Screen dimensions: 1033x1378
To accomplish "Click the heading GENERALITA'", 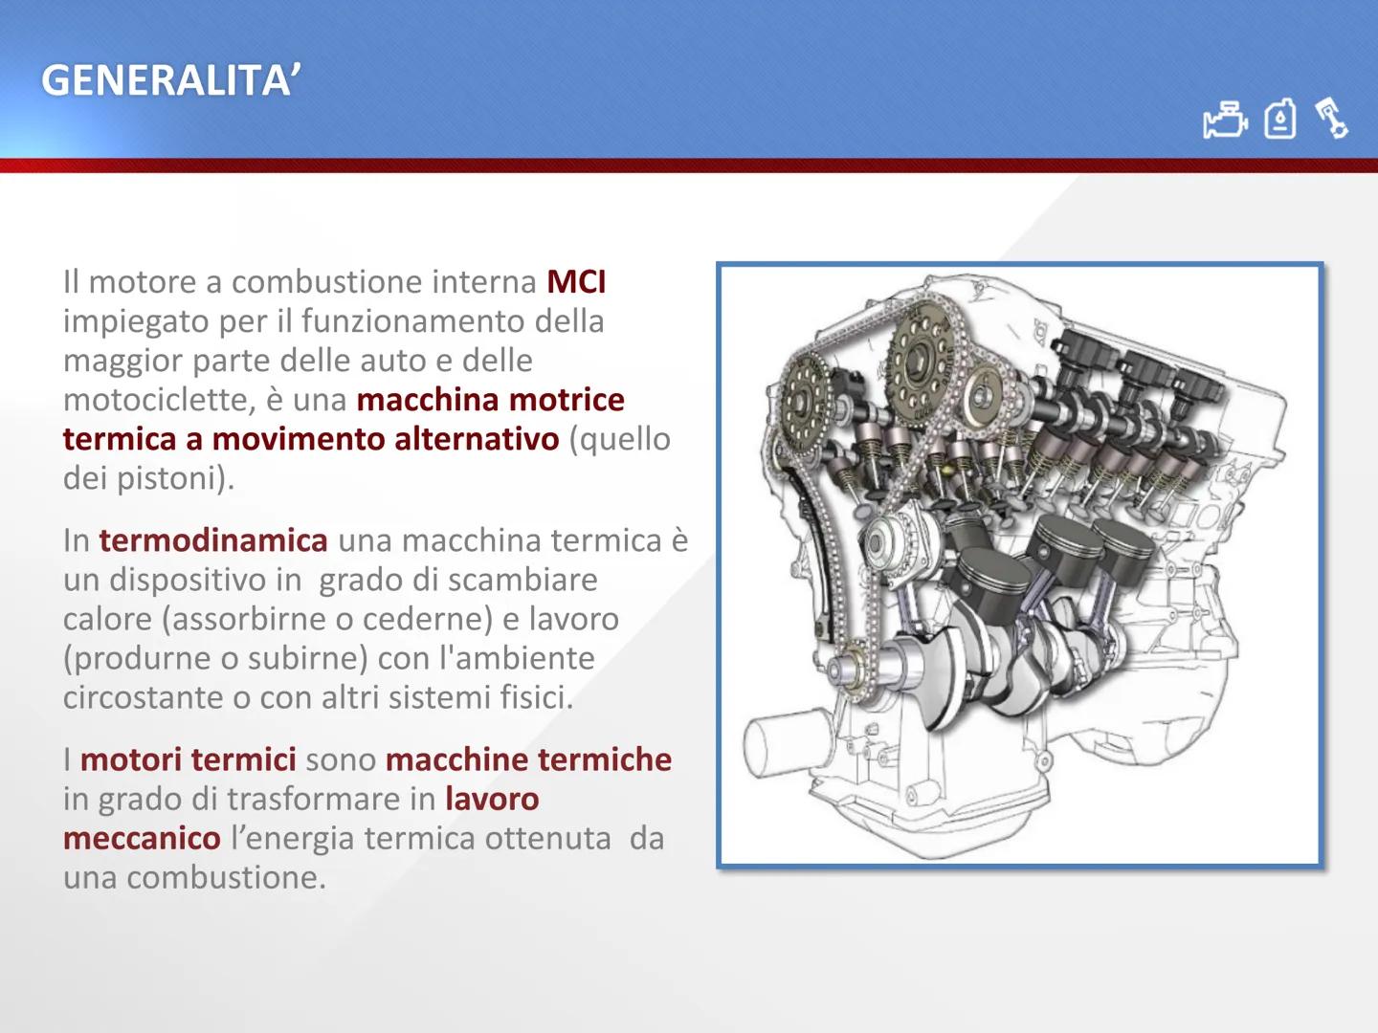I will [x=170, y=81].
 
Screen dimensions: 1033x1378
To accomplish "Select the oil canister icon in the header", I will [x=1279, y=121].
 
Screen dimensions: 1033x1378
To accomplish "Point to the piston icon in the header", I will [x=1331, y=118].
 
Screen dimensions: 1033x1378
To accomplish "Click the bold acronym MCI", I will [x=576, y=282].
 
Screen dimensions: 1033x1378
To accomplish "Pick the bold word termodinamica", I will [x=212, y=540].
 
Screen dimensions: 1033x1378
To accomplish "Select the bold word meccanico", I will [x=142, y=839].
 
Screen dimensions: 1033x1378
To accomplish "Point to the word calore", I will [x=106, y=619].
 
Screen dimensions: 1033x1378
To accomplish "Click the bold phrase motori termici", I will [x=189, y=760].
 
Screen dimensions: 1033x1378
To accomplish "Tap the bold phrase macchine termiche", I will [x=528, y=760].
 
